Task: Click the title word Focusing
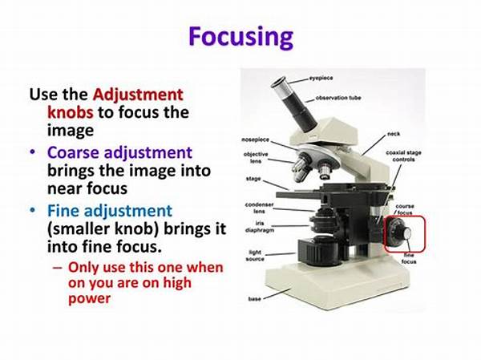click(240, 37)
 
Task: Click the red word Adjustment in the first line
click(138, 94)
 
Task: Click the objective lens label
click(255, 157)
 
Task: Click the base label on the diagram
click(254, 300)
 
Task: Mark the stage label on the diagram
click(253, 177)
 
